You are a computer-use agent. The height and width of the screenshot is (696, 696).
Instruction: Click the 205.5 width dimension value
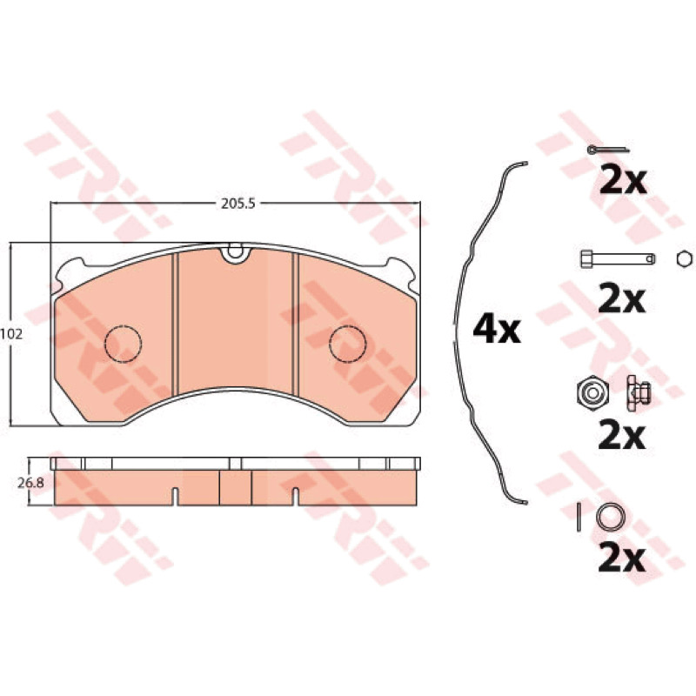point(238,204)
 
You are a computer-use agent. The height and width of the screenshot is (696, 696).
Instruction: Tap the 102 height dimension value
point(11,334)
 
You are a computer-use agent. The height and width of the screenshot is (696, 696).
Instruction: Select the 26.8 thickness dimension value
point(30,483)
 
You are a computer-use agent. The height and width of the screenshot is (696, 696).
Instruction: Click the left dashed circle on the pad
point(124,344)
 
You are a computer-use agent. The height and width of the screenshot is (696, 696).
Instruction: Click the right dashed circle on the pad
point(347,344)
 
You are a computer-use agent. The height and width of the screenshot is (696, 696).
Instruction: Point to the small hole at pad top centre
point(236,252)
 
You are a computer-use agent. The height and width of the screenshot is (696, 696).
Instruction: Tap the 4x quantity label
point(497,330)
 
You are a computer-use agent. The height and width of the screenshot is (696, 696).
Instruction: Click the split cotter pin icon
point(608,150)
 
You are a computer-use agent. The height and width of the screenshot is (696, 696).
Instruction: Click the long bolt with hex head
point(618,258)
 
